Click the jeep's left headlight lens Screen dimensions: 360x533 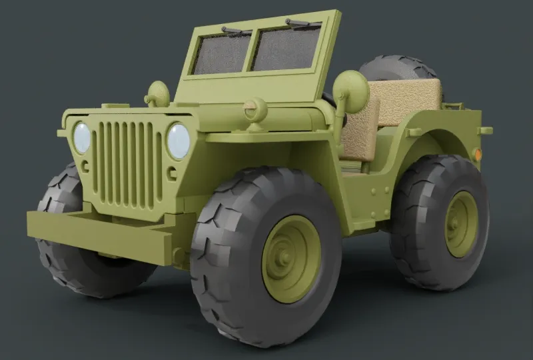point(82,137)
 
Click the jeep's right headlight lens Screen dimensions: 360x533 point(178,141)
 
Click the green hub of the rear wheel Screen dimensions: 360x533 point(461,223)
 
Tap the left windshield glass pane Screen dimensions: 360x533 point(221,54)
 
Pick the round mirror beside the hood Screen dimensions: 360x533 point(158,94)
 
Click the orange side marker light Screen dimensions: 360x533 point(478,154)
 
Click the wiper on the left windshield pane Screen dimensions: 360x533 point(236,31)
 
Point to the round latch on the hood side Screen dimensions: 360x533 point(255,110)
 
